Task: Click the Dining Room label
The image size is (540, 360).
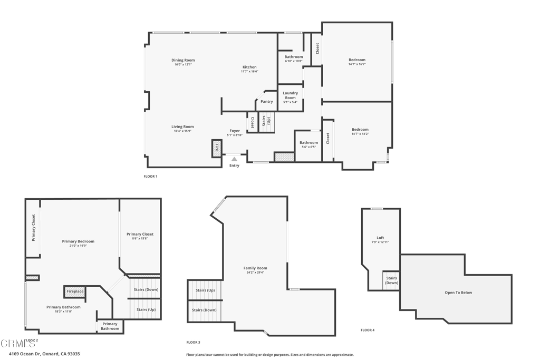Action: click(x=183, y=60)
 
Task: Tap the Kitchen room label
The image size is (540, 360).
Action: click(x=249, y=67)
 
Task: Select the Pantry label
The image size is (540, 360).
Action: click(x=267, y=101)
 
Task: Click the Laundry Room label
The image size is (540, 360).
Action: click(x=290, y=95)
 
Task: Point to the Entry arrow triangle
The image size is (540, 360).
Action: click(x=234, y=159)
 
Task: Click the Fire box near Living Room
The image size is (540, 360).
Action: click(x=216, y=148)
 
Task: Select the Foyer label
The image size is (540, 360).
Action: click(x=235, y=131)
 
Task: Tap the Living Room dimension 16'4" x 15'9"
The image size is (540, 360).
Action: click(x=182, y=131)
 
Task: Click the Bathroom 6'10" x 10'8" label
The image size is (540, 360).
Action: click(x=294, y=57)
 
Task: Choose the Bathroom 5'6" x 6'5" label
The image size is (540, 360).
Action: click(x=308, y=142)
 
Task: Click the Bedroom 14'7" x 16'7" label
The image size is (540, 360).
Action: click(x=357, y=60)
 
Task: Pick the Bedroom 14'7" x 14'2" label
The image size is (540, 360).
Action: click(x=360, y=130)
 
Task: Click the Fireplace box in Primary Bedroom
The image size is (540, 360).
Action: click(x=75, y=291)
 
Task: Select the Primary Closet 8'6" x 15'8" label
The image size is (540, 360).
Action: click(x=140, y=234)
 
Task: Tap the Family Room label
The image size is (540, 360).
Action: click(x=255, y=268)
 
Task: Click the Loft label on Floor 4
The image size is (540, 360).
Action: click(x=380, y=238)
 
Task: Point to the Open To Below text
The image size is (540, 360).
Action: click(x=458, y=293)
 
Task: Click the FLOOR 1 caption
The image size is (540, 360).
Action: click(x=150, y=176)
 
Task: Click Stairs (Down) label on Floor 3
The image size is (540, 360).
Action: click(x=204, y=310)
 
